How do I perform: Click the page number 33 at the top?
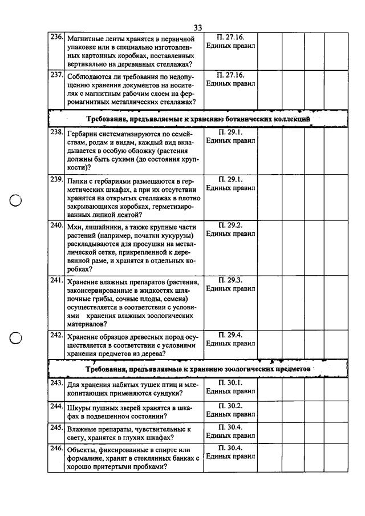click(198, 27)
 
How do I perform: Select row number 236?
click(56, 37)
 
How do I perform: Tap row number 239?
click(56, 179)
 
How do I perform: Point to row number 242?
click(56, 335)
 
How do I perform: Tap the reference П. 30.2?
click(230, 405)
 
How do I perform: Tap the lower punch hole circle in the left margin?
click(16, 337)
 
